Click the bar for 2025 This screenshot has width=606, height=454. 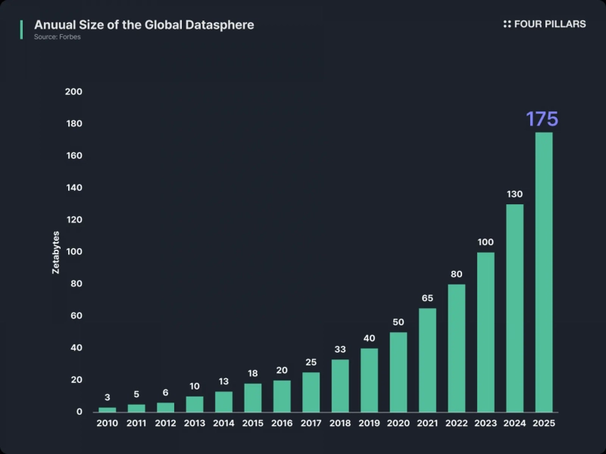click(544, 272)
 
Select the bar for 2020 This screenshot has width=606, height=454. click(398, 372)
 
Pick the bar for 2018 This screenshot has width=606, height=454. click(340, 385)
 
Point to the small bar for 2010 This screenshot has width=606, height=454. click(108, 409)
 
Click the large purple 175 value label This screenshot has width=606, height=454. click(542, 119)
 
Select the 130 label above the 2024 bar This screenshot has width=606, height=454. click(514, 194)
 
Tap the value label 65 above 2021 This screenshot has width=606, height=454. click(427, 298)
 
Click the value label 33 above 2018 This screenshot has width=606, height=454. click(340, 350)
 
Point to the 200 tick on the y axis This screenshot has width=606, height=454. click(74, 92)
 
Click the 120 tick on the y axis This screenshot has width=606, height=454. click(74, 219)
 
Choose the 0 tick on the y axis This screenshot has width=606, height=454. click(79, 412)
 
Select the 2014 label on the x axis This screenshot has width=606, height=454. click(223, 424)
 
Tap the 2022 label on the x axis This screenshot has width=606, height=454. click(457, 424)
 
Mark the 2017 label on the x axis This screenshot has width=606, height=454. click(311, 424)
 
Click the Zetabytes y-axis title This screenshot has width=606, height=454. click(56, 252)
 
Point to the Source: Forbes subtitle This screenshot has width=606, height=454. click(57, 37)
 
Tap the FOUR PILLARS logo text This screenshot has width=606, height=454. click(549, 24)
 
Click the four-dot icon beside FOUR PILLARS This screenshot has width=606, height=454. click(507, 24)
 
